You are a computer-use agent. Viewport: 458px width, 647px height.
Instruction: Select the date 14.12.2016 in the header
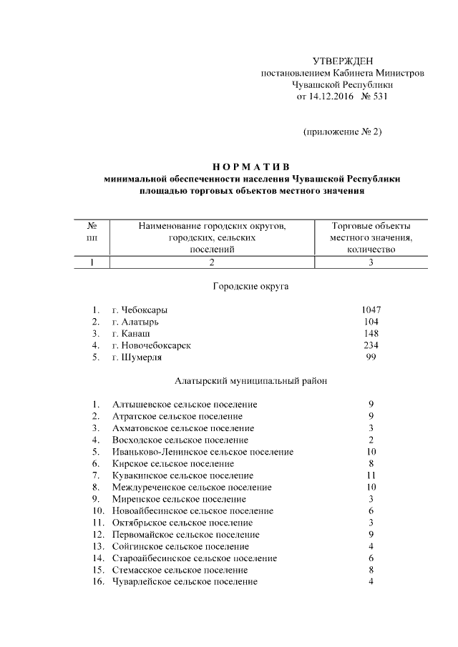click(x=331, y=97)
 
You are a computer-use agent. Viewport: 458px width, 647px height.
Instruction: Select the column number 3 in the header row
click(x=371, y=262)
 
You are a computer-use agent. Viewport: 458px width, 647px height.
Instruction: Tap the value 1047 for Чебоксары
click(x=371, y=310)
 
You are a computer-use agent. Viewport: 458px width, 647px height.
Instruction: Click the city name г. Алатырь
click(x=136, y=322)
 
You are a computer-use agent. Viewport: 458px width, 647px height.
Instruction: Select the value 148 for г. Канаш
click(x=371, y=333)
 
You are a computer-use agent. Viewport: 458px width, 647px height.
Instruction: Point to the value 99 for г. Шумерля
click(x=371, y=357)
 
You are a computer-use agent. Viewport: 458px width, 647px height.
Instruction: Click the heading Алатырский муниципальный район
click(x=251, y=381)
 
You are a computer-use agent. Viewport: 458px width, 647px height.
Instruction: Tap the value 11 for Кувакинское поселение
click(x=371, y=475)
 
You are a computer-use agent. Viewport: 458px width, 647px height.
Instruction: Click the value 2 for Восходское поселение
click(x=371, y=440)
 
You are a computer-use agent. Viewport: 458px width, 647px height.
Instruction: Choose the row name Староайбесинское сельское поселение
click(x=194, y=558)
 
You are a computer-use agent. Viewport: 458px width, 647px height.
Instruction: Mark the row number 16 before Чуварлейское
click(x=97, y=581)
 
